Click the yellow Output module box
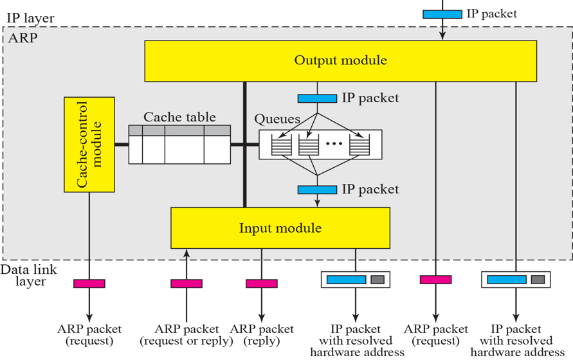[x=340, y=61]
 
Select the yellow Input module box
[x=280, y=228]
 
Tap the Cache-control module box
[x=89, y=145]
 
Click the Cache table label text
[x=179, y=117]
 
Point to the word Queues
[x=277, y=119]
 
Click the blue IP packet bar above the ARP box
[x=442, y=14]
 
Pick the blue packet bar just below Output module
[x=317, y=98]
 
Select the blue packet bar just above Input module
[x=317, y=190]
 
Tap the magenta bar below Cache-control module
[x=89, y=283]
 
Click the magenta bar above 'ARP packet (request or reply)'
[x=186, y=283]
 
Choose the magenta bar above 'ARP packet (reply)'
[x=262, y=283]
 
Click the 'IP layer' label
[x=30, y=17]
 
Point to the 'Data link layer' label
[x=24, y=275]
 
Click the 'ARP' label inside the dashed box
[x=23, y=38]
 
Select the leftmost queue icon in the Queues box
[x=281, y=145]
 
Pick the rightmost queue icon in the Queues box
[x=359, y=145]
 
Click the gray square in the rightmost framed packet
[x=538, y=280]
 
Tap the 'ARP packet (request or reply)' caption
[x=186, y=335]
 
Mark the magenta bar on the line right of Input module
[x=435, y=280]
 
